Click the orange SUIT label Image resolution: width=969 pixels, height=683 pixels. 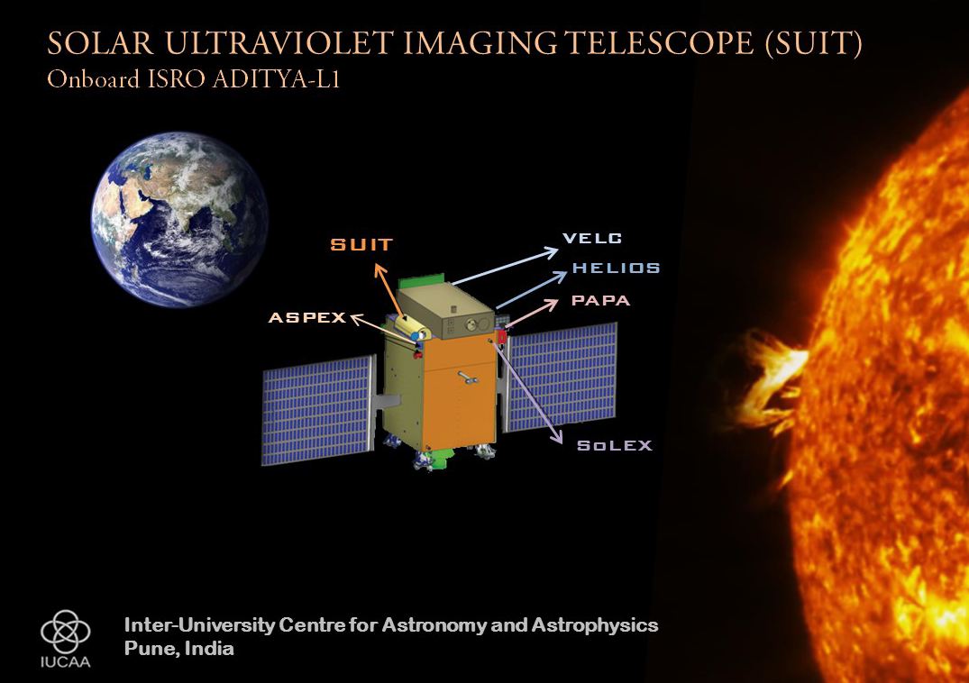point(361,244)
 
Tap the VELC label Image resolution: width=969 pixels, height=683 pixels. point(592,239)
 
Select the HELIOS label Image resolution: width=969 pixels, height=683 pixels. point(617,268)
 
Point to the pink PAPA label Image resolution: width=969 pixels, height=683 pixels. point(600,301)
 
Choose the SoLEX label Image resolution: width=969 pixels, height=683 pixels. point(614,445)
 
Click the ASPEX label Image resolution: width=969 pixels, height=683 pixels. point(307,317)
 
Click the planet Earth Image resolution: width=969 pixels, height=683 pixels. point(179,220)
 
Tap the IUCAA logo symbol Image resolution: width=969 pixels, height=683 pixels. point(66,631)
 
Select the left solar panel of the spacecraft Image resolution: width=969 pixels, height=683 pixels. point(319,410)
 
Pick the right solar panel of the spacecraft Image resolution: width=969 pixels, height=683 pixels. point(562,378)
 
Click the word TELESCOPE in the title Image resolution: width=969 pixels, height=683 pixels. point(660,43)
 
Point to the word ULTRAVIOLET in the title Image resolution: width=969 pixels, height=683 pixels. point(279,43)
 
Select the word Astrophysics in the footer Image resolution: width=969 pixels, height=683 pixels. point(595,625)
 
